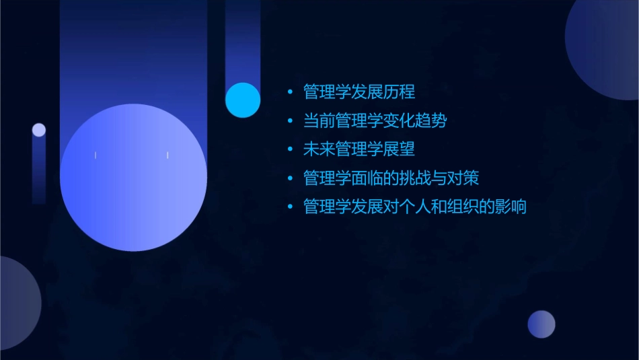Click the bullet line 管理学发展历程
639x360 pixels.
pyautogui.click(x=359, y=92)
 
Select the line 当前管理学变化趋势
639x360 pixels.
pyautogui.click(x=375, y=121)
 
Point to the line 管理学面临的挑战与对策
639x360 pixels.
pyautogui.click(x=391, y=178)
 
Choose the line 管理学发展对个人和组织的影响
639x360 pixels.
pyautogui.click(x=415, y=207)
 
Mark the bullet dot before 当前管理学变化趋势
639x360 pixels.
pyautogui.click(x=290, y=122)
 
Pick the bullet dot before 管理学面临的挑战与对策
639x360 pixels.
pyautogui.click(x=290, y=179)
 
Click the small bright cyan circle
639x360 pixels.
pyautogui.click(x=243, y=100)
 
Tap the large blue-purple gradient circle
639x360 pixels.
pyautogui.click(x=133, y=178)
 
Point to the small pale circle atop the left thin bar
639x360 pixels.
pyautogui.click(x=39, y=130)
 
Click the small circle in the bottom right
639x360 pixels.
pyautogui.click(x=541, y=324)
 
